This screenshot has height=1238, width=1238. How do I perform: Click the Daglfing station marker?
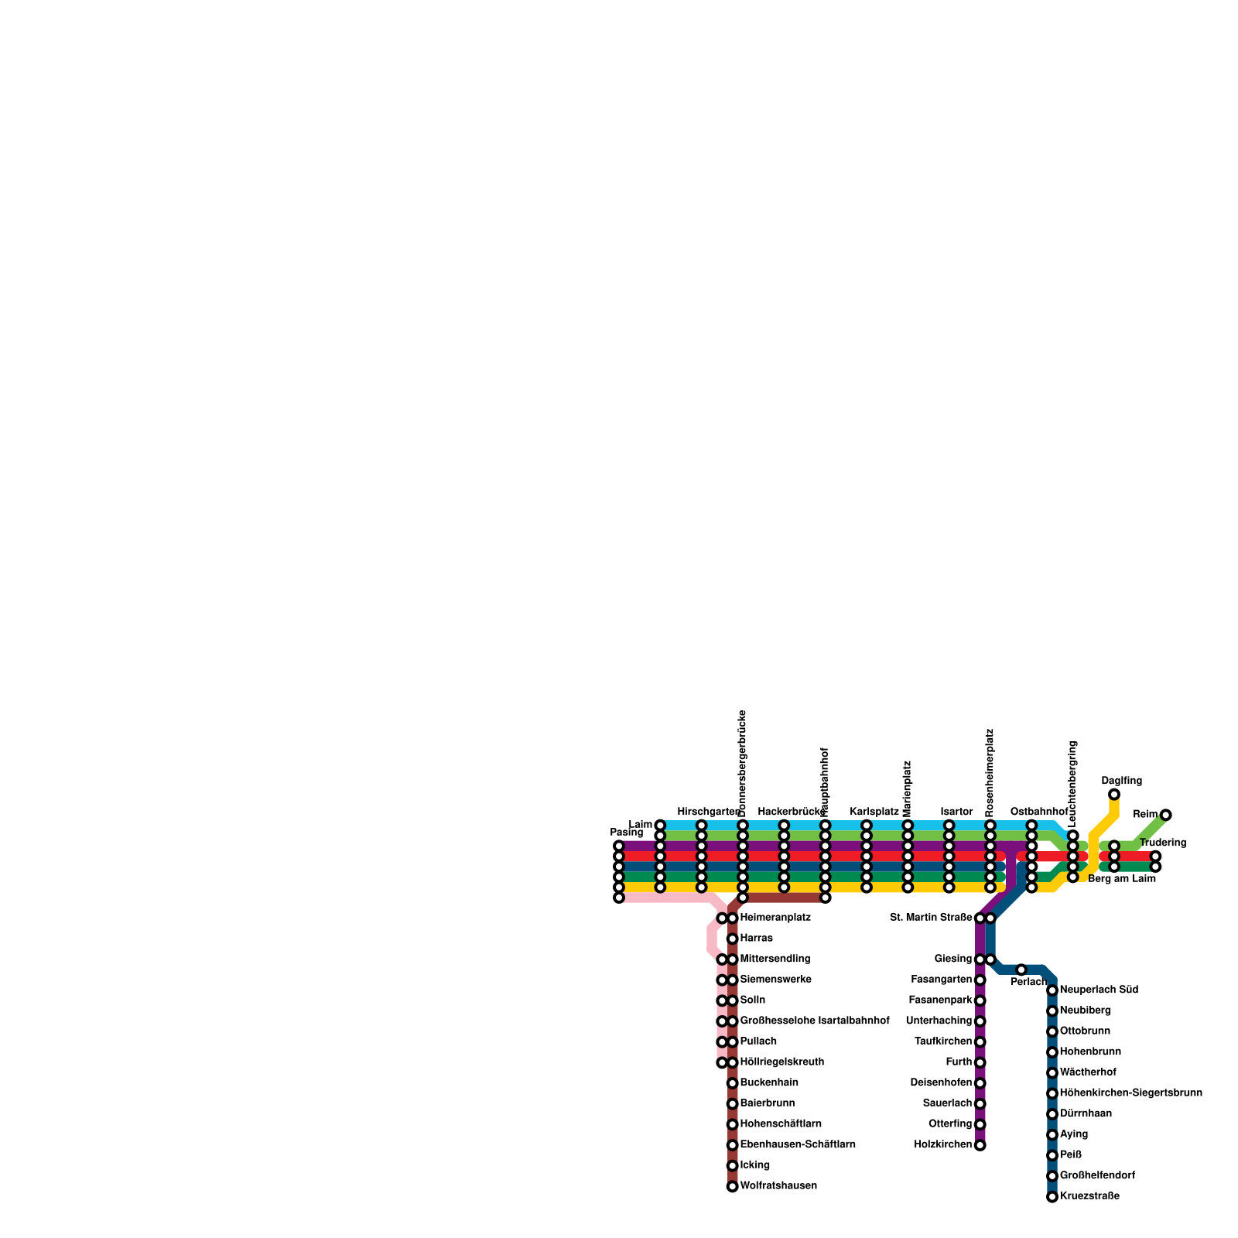tap(1113, 795)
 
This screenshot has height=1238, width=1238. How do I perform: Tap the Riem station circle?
tap(1165, 815)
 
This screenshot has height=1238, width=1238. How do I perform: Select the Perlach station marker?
tap(1021, 970)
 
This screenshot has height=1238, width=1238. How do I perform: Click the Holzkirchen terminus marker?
tap(980, 1145)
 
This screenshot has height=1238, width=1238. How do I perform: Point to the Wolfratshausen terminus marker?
tap(732, 1186)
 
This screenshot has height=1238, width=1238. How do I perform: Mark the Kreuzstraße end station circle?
tap(1052, 1197)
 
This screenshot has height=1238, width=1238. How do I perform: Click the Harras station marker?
tap(732, 939)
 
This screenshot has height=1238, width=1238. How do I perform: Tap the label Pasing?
tap(626, 833)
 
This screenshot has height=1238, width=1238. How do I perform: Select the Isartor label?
tap(956, 812)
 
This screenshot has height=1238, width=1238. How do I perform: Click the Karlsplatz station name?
tap(874, 812)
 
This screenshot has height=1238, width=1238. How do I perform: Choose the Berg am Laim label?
tap(1121, 879)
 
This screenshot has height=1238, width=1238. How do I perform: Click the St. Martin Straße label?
tap(931, 918)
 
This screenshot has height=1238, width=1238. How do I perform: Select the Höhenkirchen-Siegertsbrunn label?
tap(1130, 1093)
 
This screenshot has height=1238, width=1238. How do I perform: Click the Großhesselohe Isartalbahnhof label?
tap(814, 1021)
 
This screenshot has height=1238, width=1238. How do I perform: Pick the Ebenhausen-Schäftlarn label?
tap(798, 1145)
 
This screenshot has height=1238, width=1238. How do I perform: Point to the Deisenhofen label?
tap(941, 1083)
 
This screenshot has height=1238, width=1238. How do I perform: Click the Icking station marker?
tap(732, 1166)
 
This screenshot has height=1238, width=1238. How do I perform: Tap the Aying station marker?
tap(1052, 1135)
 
